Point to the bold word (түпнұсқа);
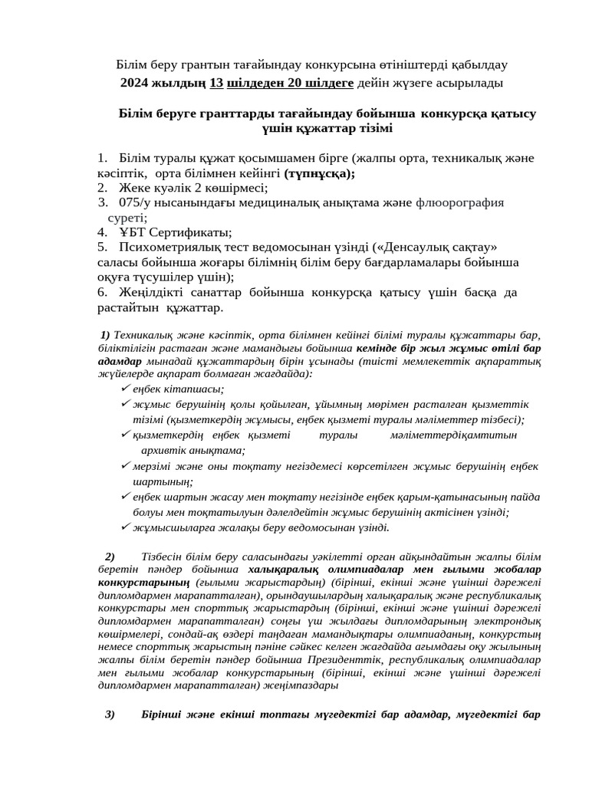click(319, 173)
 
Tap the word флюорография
click(460, 202)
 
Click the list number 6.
click(102, 292)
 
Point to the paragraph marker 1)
click(105, 335)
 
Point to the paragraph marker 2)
click(110, 556)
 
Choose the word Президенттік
click(347, 659)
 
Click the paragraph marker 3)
click(110, 714)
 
